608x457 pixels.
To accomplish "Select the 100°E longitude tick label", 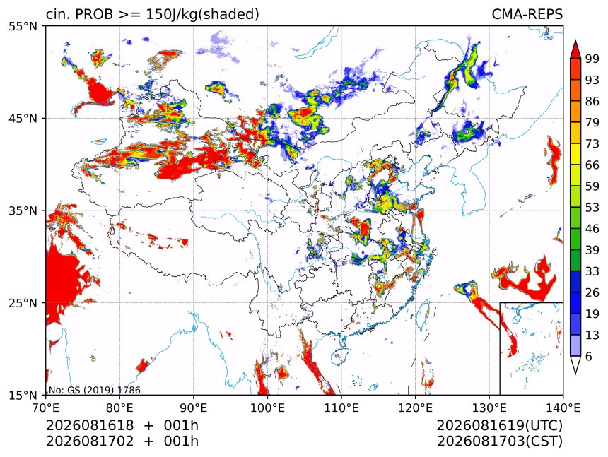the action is [267, 408].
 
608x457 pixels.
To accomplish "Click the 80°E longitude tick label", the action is [119, 408].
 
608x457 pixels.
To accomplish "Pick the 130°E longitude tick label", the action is [489, 408].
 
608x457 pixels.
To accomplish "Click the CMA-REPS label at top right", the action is [527, 14].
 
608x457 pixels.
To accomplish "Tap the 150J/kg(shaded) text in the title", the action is [202, 15].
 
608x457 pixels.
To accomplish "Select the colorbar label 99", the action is [592, 59].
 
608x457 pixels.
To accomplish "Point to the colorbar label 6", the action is [589, 356].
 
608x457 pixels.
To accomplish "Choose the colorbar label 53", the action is [592, 208].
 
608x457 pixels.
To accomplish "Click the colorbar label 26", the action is [592, 292].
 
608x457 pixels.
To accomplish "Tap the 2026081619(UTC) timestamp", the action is [499, 426].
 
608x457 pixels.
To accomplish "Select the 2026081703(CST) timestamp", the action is [499, 441].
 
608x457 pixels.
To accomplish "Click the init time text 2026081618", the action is [90, 425].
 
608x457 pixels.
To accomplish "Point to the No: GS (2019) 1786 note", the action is [94, 390].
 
